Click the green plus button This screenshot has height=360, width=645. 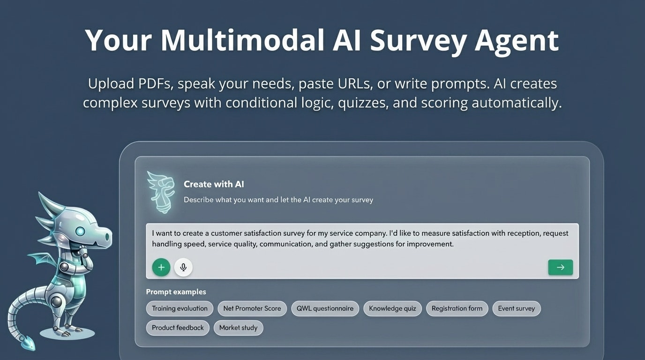(x=161, y=267)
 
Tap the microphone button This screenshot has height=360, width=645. (x=183, y=267)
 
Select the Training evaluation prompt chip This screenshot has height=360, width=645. (x=180, y=308)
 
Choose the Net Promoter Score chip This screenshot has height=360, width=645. (x=252, y=308)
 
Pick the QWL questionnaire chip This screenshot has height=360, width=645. (x=325, y=308)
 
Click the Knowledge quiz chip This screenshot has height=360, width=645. (x=392, y=308)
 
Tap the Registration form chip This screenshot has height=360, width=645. (x=457, y=308)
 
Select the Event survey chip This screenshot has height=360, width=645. (x=516, y=308)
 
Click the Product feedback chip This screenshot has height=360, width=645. (x=178, y=328)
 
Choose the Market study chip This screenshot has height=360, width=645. (x=238, y=328)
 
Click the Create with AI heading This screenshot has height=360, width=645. (x=214, y=184)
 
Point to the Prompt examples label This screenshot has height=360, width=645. (x=176, y=292)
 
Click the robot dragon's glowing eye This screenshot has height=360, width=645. (x=80, y=231)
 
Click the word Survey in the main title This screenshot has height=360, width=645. (x=418, y=40)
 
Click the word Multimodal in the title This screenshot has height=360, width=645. (x=242, y=40)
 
